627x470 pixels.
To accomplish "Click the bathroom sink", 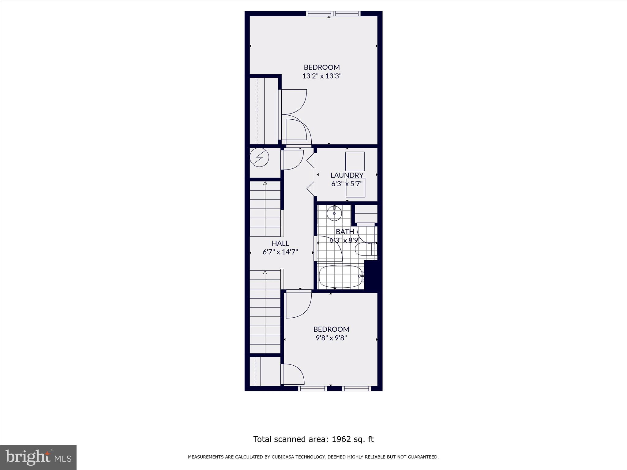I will (334, 213).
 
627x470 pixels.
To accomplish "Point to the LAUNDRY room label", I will (347, 175).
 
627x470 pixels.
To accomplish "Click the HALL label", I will (280, 243).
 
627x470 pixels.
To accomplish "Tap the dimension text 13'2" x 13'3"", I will (322, 76).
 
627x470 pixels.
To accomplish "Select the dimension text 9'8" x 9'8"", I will (331, 338).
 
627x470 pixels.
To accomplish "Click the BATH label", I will (345, 232).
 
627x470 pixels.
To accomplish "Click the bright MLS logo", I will (38, 457).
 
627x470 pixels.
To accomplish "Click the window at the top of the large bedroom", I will (333, 13).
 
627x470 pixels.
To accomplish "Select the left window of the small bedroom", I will (312, 388).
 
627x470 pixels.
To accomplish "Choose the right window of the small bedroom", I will (356, 388).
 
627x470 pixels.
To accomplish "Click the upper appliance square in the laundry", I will (355, 161).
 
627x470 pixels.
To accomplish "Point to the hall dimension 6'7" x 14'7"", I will (280, 252).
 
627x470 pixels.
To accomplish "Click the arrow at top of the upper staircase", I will (265, 183).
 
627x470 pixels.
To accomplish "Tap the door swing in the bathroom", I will (330, 248).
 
